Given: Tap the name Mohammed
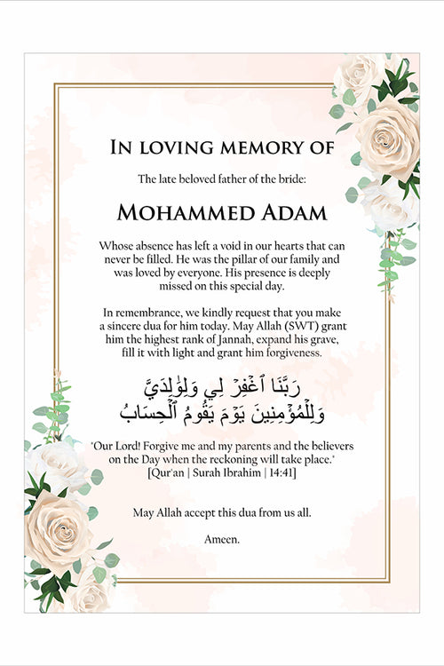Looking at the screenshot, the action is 176,213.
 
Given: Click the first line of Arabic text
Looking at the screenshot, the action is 222,387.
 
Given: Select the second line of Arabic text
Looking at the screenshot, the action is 222,411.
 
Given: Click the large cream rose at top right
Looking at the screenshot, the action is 387,138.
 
